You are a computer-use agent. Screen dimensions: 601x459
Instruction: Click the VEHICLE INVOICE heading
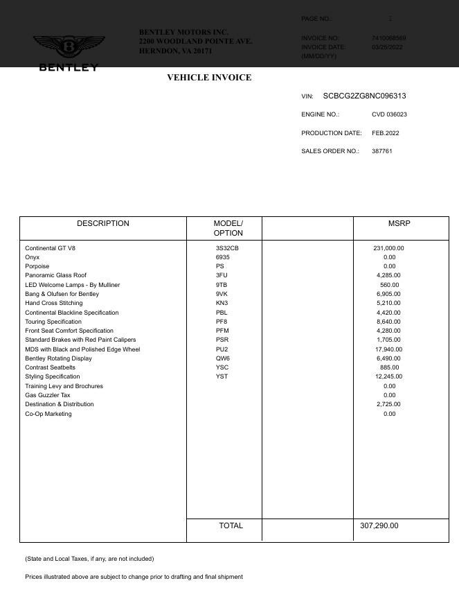coord(209,78)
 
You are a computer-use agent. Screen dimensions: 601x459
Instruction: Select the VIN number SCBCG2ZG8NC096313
coord(364,96)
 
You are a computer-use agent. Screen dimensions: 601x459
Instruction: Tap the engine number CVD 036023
coord(389,114)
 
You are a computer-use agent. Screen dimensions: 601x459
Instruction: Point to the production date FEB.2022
coord(385,133)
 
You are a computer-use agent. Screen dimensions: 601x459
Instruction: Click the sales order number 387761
coord(382,151)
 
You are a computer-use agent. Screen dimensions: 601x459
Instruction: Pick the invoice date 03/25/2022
coord(387,47)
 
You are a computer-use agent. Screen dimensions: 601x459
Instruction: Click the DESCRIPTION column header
coord(102,224)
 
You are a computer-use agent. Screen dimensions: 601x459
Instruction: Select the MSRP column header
coord(399,224)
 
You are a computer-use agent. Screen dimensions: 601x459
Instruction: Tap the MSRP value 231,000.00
coord(388,248)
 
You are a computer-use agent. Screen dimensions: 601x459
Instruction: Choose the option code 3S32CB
coord(227,248)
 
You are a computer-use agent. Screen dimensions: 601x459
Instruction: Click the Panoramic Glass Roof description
coord(55,275)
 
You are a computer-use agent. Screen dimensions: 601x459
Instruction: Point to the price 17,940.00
coord(388,349)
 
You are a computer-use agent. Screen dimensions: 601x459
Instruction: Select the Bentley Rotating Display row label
coord(58,358)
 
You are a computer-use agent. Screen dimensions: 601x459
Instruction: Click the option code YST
coord(222,376)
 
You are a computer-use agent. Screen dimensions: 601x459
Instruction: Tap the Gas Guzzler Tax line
coord(48,395)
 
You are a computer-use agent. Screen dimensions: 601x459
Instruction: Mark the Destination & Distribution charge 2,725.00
coord(390,404)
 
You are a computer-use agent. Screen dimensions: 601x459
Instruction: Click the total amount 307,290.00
coord(379,526)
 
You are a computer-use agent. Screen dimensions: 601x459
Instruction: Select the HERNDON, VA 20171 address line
coord(176,51)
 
